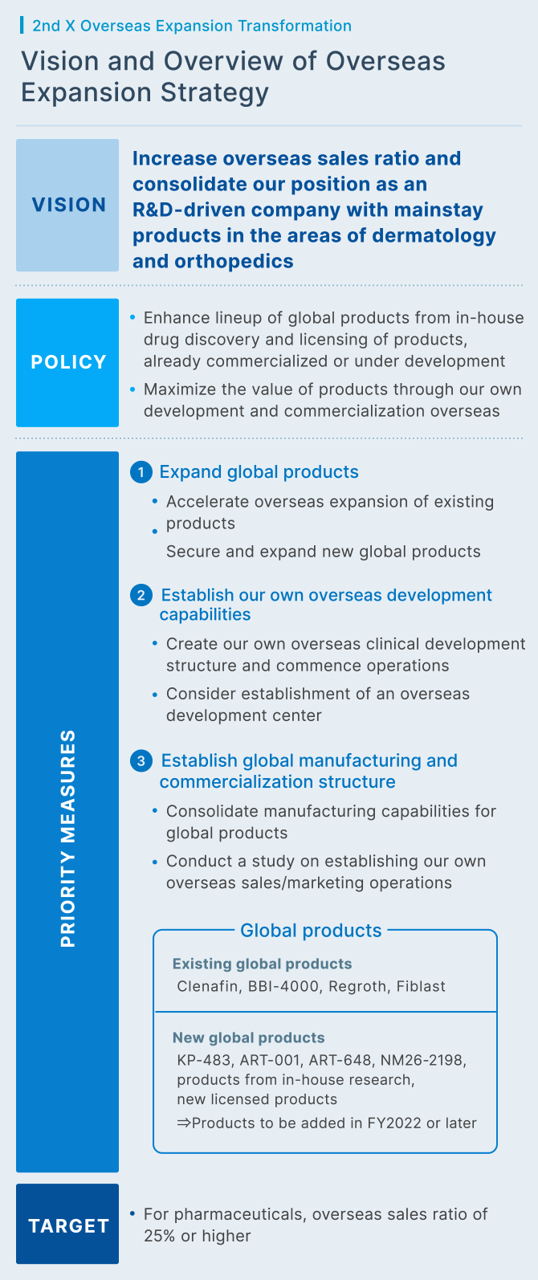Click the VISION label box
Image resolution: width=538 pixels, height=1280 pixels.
pyautogui.click(x=67, y=205)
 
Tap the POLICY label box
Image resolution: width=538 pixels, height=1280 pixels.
pyautogui.click(x=67, y=362)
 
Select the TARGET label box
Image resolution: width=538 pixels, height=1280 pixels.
pyautogui.click(x=67, y=1225)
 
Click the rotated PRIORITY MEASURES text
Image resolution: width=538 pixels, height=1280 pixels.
pyautogui.click(x=68, y=838)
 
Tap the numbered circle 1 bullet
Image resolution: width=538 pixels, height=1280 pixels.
pyautogui.click(x=141, y=472)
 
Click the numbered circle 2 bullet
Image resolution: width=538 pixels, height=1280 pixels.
pyautogui.click(x=141, y=595)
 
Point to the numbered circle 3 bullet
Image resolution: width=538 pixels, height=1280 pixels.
pyautogui.click(x=141, y=761)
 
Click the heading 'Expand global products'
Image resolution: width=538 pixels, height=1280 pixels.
pyautogui.click(x=259, y=472)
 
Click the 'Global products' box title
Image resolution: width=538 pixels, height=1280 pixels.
pyautogui.click(x=311, y=930)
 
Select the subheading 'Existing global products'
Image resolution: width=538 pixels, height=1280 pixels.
pyautogui.click(x=262, y=964)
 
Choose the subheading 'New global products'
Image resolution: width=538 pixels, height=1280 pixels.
pyautogui.click(x=248, y=1037)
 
